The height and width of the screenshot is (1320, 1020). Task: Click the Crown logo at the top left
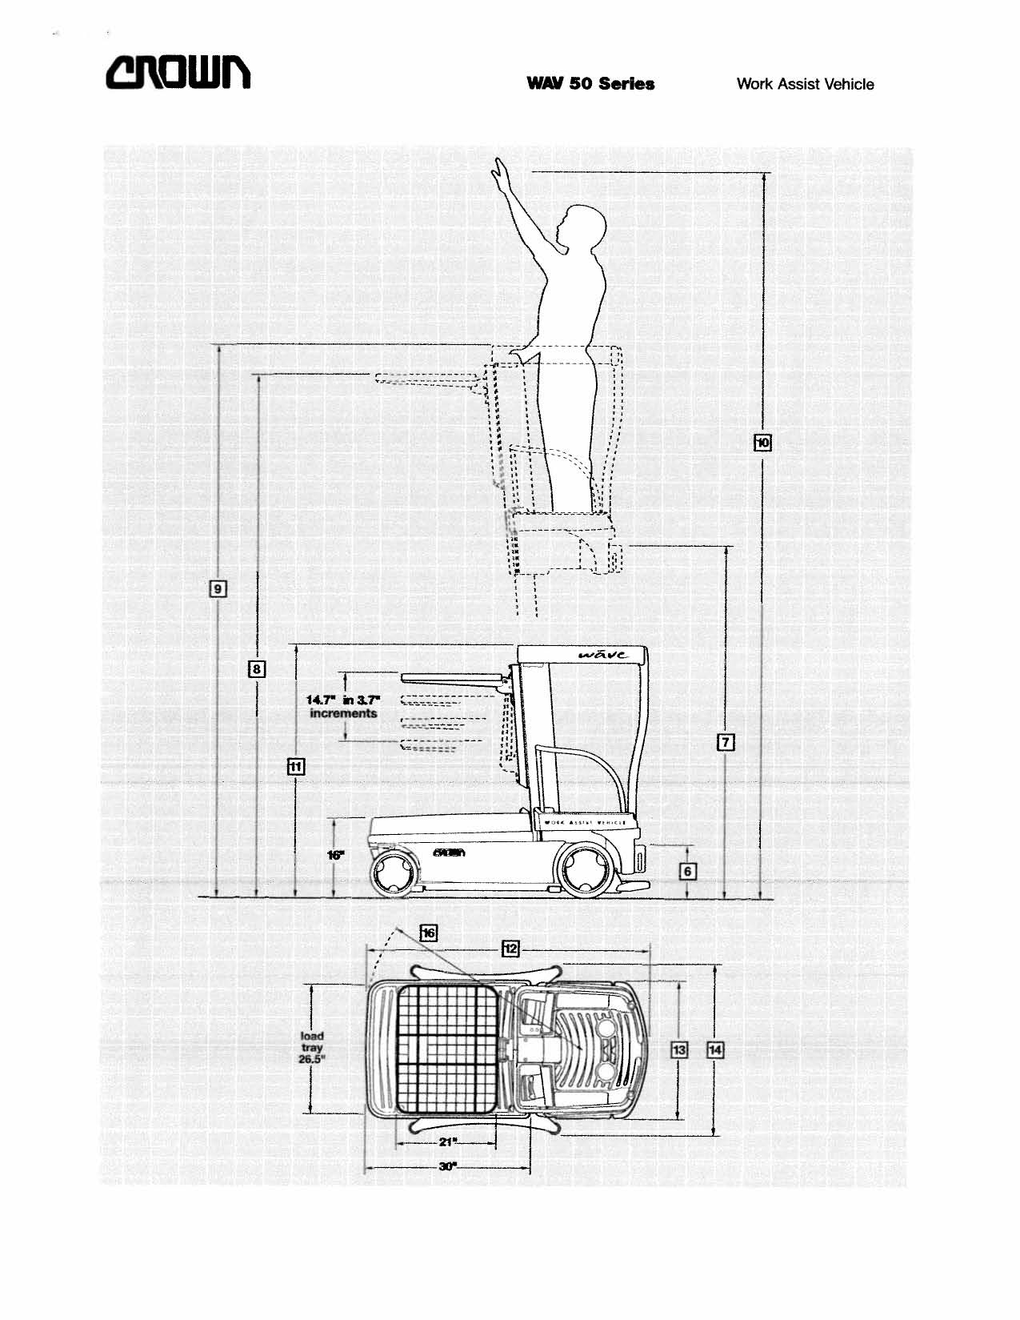tap(178, 74)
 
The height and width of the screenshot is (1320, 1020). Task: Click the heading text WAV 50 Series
tap(590, 84)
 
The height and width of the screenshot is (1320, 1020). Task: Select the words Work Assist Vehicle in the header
tap(805, 84)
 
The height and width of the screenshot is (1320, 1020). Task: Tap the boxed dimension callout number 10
tap(763, 442)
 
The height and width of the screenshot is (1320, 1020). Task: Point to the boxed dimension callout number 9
tap(217, 590)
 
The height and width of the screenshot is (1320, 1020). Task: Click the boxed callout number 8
tap(256, 668)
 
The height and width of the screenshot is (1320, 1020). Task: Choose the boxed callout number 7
tap(726, 742)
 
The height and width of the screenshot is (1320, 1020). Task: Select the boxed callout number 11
tap(296, 766)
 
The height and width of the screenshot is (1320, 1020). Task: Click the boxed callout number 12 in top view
tap(510, 949)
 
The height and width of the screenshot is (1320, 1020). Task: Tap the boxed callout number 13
tap(678, 1049)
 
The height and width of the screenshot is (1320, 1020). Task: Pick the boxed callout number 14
tap(715, 1049)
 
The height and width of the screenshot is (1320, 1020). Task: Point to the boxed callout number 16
tap(429, 933)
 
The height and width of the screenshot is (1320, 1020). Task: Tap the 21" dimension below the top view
tap(447, 1141)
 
